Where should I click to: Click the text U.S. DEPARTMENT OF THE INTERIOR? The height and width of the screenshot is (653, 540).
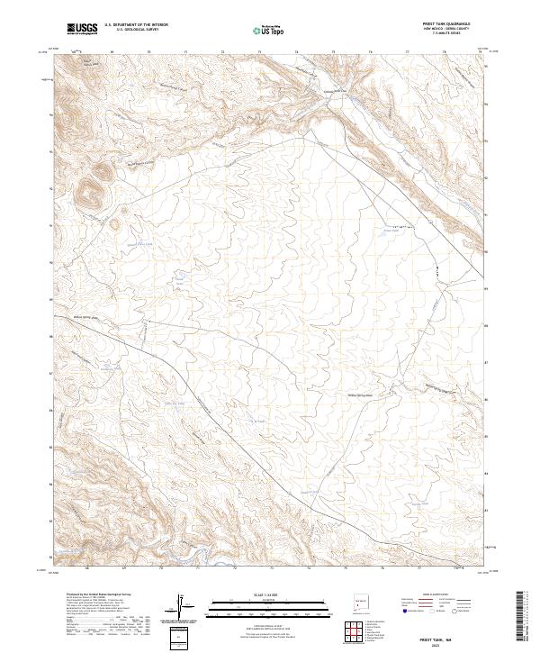point(136,25)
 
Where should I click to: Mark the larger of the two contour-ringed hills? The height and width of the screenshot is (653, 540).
point(90,190)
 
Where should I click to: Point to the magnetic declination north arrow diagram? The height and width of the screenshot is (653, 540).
point(184,606)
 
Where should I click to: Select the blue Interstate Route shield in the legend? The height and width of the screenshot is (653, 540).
point(407,610)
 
